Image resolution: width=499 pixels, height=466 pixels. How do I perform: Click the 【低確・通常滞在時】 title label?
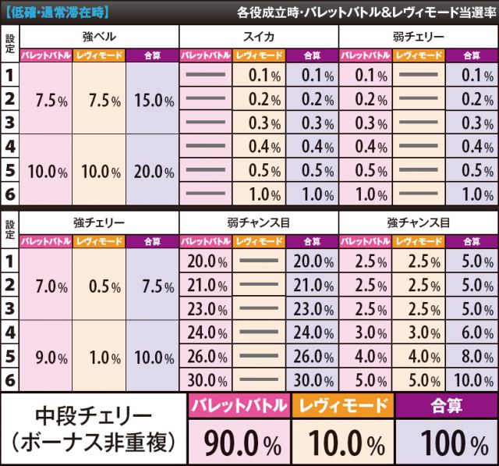coord(56,12)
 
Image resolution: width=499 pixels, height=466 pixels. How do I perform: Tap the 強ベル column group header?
coord(99,37)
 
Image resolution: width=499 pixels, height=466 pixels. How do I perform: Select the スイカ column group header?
coord(258,37)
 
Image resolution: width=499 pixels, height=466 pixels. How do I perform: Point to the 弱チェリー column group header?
coord(418,37)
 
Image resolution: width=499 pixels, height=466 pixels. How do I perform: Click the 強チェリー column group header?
coord(99,222)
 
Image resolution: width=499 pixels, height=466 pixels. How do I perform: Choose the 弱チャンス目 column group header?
coord(258,222)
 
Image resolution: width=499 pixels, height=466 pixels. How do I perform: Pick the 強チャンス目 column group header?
coord(418,222)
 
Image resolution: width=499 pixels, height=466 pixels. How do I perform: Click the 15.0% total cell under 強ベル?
coord(153,101)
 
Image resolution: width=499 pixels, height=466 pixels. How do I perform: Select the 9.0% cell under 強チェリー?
coord(47,358)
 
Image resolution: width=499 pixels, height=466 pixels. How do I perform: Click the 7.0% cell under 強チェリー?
coord(47,286)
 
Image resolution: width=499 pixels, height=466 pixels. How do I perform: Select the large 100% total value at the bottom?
coord(447,445)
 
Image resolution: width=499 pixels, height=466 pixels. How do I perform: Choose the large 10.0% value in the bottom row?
coord(343,445)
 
